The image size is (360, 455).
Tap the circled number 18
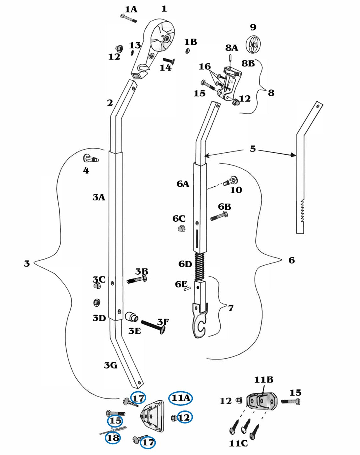[113, 438]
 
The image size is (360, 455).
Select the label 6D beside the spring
[185, 264]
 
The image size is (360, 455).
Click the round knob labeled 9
[253, 45]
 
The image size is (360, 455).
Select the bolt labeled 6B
[219, 216]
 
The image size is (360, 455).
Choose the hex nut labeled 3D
[97, 303]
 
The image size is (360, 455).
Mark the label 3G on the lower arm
[110, 365]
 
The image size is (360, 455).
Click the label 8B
[248, 63]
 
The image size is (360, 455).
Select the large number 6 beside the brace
[291, 260]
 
